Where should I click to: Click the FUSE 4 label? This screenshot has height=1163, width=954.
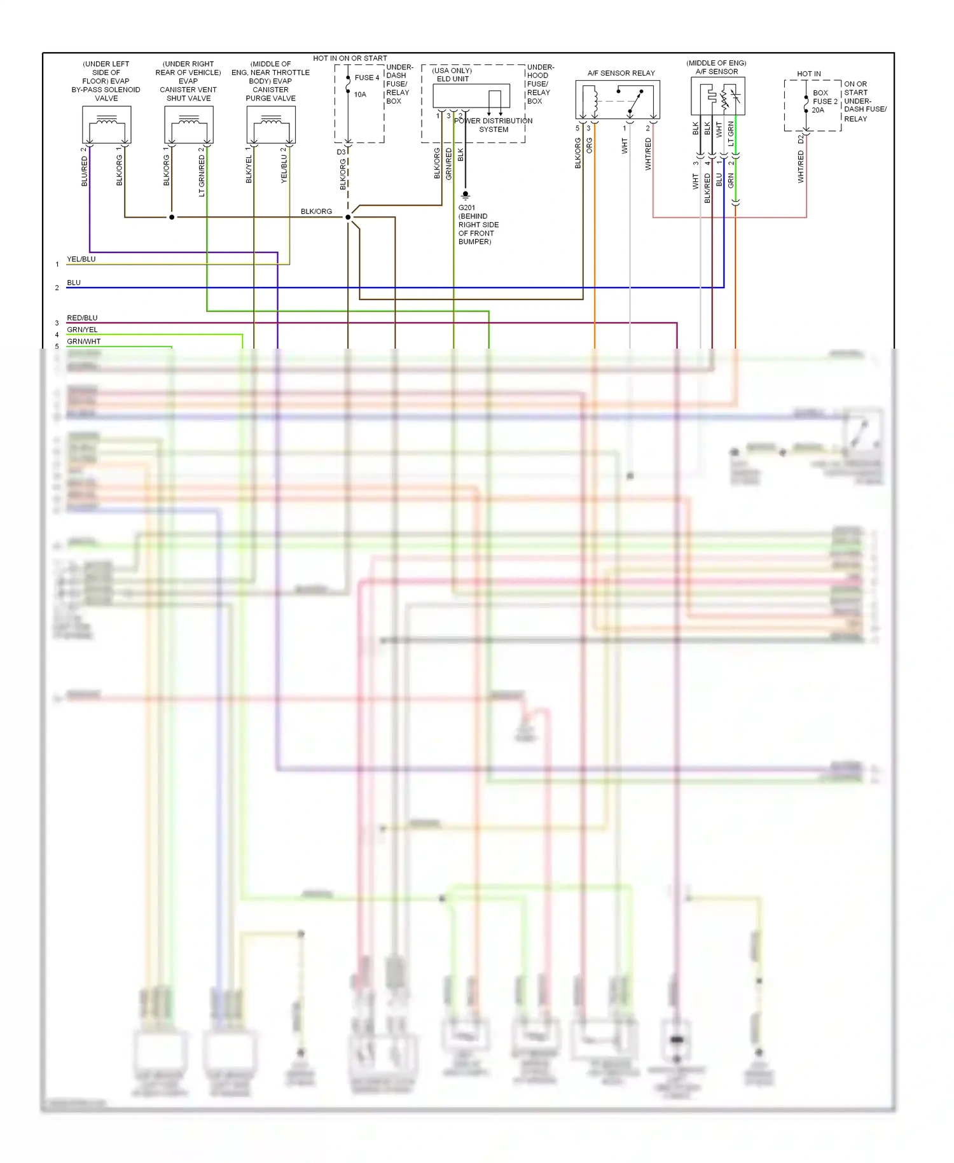367,78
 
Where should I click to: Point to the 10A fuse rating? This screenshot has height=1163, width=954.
360,95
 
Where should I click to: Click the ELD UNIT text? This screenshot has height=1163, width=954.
453,79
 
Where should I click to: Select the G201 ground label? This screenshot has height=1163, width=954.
467,207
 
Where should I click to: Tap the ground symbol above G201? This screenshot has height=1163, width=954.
466,195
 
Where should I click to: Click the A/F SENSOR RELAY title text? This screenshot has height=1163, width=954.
621,73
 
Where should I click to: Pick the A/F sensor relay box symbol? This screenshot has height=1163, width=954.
618,100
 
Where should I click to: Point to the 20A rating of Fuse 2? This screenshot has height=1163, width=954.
818,110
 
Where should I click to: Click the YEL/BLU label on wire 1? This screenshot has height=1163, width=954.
81,259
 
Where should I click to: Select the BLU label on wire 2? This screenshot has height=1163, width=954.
74,282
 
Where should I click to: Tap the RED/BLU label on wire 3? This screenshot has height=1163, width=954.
83,318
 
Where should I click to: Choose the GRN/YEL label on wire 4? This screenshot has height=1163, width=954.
83,330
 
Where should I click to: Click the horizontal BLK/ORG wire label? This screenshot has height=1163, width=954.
316,211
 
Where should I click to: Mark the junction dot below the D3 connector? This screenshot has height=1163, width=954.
348,217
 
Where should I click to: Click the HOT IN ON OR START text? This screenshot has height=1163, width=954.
350,58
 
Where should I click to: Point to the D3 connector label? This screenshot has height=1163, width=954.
341,152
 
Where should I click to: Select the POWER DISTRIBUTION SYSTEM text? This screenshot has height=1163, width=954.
494,125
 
